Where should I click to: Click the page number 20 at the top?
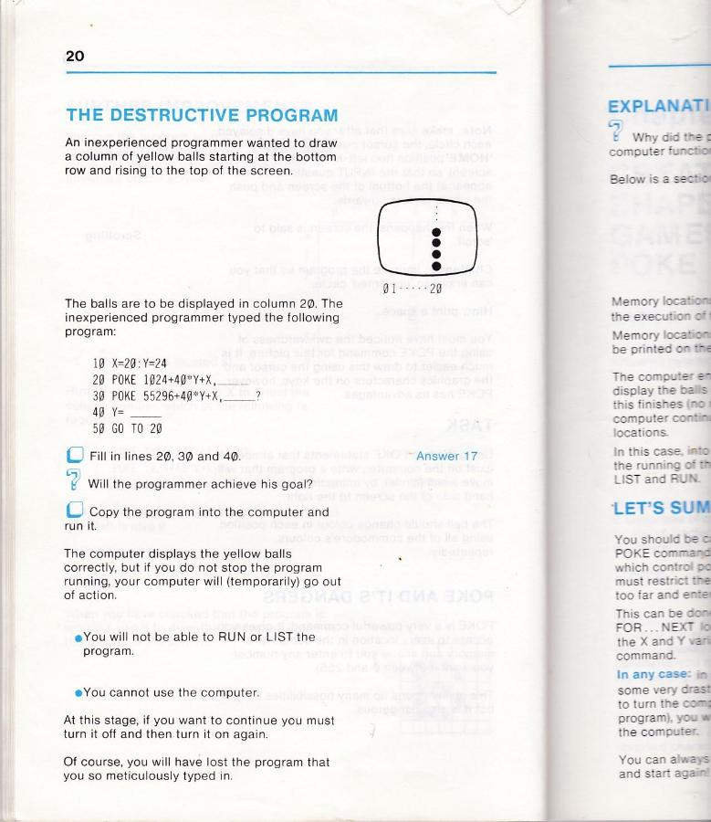75,57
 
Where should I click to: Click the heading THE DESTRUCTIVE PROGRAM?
202,116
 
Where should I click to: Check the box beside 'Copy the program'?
75,511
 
